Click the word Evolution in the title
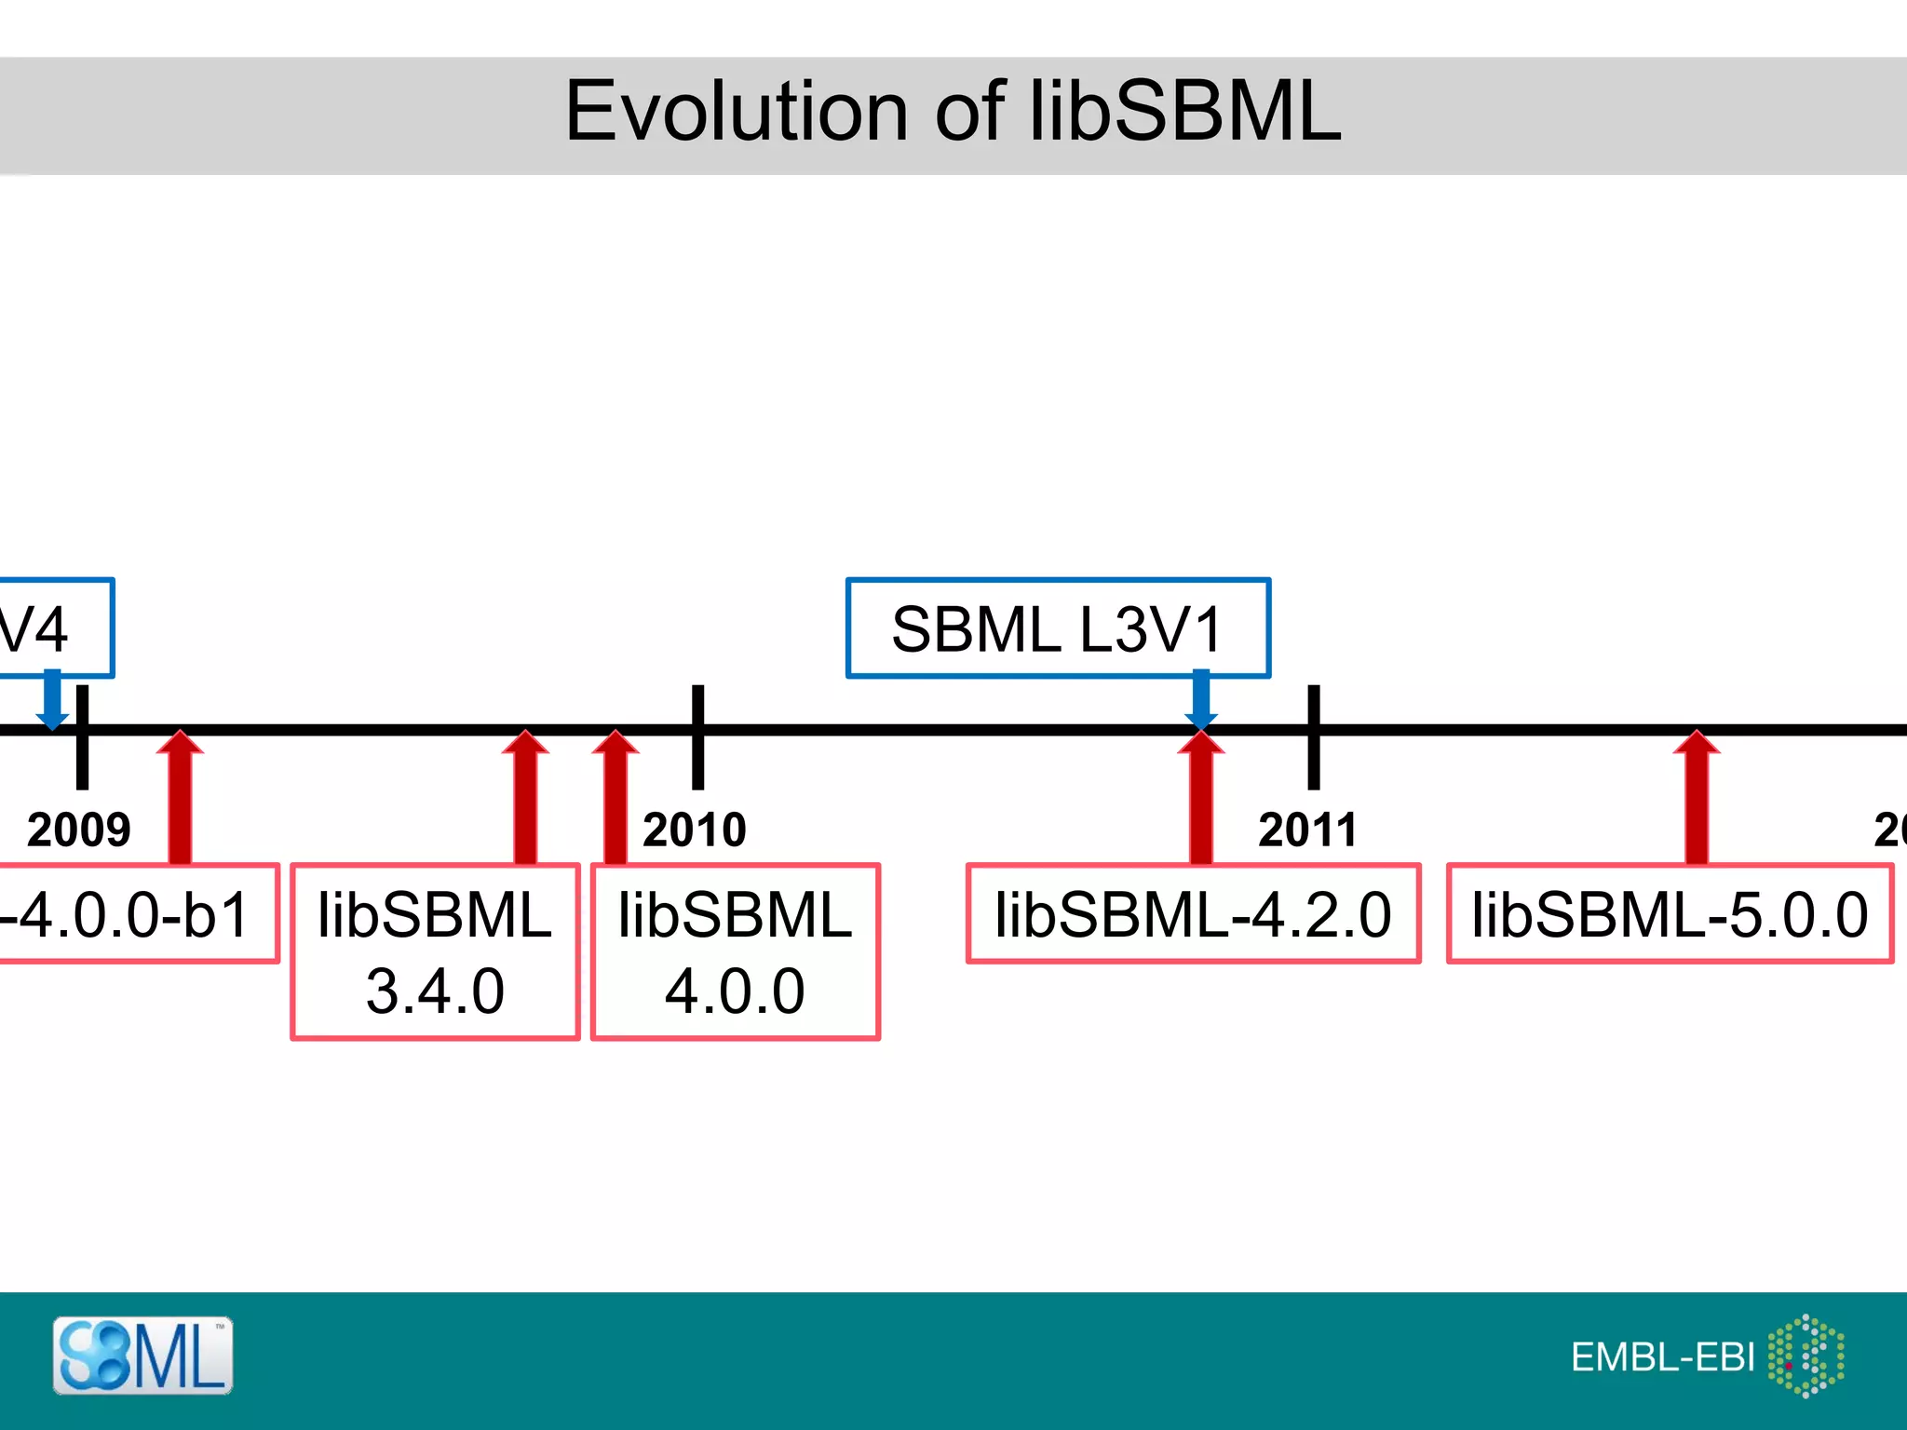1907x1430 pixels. point(736,112)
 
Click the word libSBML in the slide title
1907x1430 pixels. point(1184,112)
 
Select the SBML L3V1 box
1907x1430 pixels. point(1058,628)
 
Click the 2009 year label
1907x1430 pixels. point(78,830)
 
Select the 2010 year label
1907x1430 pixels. point(695,830)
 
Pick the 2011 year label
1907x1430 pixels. point(1307,830)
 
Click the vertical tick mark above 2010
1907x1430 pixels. point(697,737)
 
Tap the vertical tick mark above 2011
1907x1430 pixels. point(1314,737)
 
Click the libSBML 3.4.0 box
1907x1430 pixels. point(435,951)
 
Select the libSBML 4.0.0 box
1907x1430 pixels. point(735,951)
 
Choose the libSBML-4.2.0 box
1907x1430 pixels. point(1193,913)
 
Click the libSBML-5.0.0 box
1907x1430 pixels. point(1670,913)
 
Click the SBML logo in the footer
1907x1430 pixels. point(142,1356)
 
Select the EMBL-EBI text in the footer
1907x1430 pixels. point(1662,1357)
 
